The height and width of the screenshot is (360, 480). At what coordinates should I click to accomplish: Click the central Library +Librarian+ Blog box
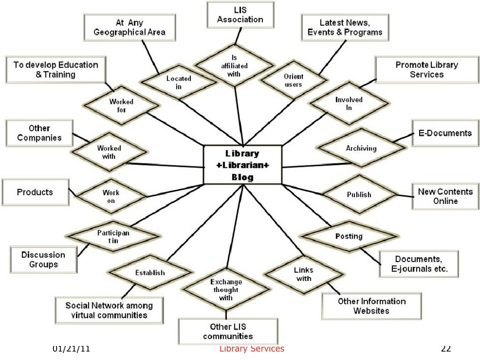[x=242, y=165]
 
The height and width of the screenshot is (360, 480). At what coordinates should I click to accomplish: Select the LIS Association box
[x=240, y=14]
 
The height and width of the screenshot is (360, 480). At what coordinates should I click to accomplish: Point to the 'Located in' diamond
[x=179, y=82]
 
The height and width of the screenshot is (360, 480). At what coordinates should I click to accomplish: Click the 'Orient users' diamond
[x=293, y=80]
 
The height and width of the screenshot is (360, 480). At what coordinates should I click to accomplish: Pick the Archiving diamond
[x=361, y=149]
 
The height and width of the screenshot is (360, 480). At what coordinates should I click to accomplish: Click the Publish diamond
[x=359, y=195]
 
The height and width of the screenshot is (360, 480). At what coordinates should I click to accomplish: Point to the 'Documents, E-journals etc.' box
[x=419, y=264]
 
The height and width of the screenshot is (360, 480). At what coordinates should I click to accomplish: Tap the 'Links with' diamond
[x=303, y=275]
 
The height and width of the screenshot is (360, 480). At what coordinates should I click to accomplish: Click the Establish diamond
[x=150, y=272]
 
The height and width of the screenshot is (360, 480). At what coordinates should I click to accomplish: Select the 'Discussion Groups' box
[x=43, y=260]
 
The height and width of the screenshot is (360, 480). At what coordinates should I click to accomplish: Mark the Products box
[x=35, y=192]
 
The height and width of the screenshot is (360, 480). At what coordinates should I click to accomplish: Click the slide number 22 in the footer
[x=446, y=349]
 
